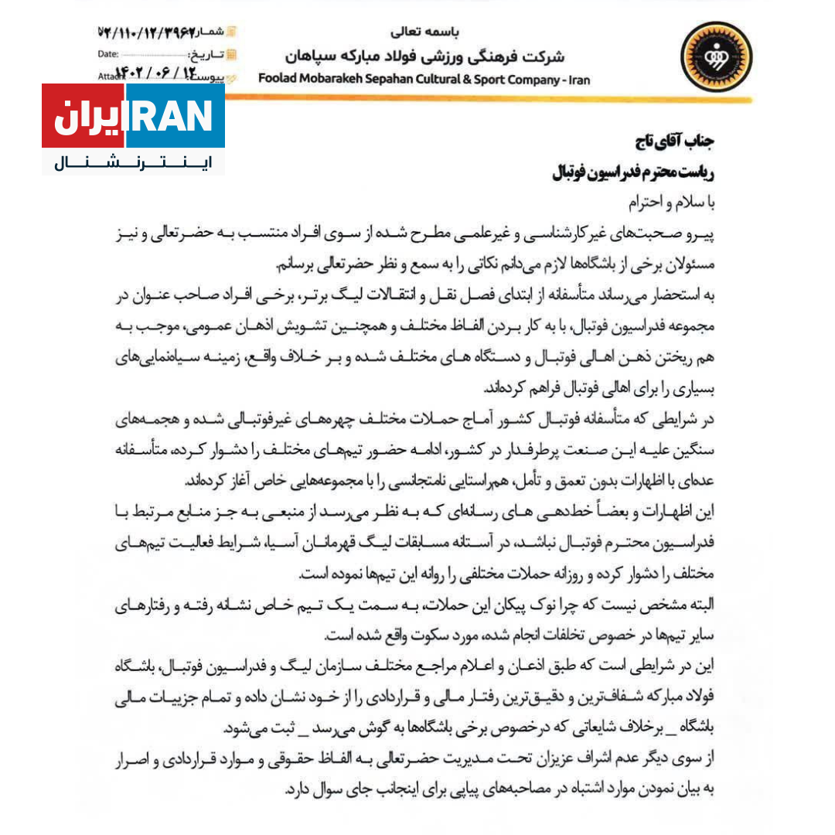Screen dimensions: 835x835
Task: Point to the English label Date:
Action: (108, 55)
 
